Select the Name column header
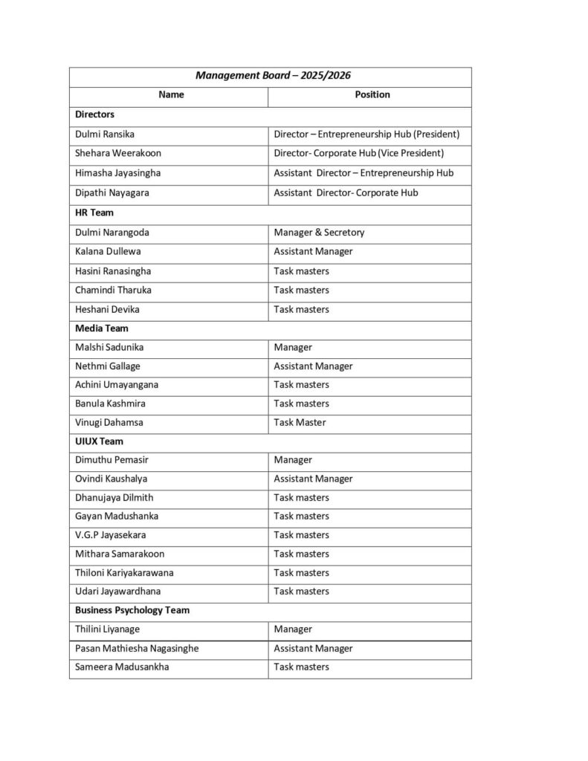coord(171,95)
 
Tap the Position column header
coord(372,95)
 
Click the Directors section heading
coord(95,114)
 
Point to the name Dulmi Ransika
coord(105,135)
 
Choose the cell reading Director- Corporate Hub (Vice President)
coord(358,153)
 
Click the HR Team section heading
coord(94,213)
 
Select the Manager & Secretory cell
coord(319,233)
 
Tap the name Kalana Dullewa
coord(108,251)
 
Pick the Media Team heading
coord(102,328)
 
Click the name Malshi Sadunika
coord(109,347)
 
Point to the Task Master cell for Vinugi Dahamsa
coord(300,422)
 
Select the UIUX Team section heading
coord(99,441)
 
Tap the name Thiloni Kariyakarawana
coord(125,573)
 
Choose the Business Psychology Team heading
coord(132,610)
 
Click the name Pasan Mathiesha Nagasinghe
coord(137,648)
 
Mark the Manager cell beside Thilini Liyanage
coord(293,629)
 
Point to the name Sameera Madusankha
coord(122,667)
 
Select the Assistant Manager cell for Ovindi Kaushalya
coord(313,479)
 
